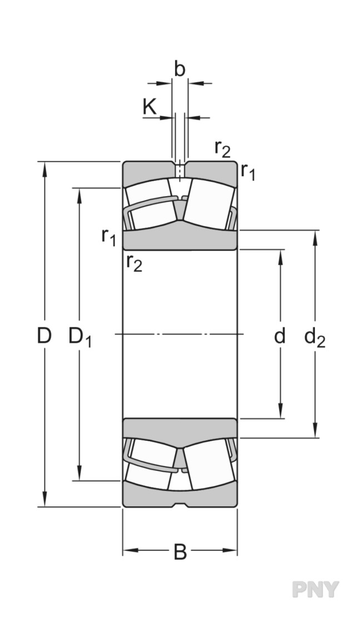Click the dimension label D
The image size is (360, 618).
coord(44,336)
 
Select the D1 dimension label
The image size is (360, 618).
coord(79,337)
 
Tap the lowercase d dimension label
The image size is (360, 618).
coord(280,336)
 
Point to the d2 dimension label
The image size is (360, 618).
coord(314,337)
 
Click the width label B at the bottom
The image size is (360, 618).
coord(180,552)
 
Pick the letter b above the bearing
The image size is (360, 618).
coord(179,69)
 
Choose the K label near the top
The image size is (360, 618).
coord(150,107)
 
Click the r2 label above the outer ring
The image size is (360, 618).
coord(222,148)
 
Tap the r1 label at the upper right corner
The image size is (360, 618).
coord(248,172)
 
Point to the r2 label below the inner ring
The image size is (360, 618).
coord(134,262)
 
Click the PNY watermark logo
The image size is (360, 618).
coord(316,589)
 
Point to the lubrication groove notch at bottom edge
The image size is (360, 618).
coord(179,505)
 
